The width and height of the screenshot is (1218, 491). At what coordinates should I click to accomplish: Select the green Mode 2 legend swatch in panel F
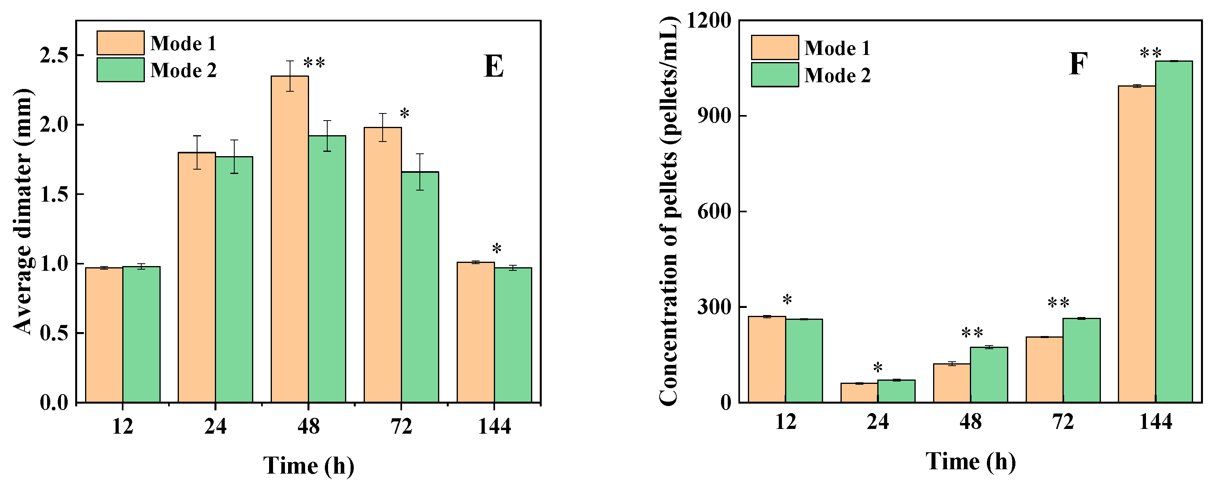774,75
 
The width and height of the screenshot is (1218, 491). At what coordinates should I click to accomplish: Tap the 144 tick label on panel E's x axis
494,427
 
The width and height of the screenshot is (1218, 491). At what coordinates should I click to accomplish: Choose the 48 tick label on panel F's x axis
970,422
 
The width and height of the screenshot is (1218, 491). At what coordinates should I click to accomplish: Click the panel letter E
493,67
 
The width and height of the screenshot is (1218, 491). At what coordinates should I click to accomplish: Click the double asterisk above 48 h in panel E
314,63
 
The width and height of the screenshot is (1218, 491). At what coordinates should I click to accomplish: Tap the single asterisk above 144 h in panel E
497,249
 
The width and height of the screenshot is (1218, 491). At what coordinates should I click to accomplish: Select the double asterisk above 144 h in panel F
1150,53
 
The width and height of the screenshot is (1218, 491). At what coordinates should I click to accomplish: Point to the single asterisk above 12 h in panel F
787,300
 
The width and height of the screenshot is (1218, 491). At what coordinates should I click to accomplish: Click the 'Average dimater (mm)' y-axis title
23,211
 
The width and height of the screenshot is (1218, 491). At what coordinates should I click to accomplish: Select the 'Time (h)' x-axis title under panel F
970,461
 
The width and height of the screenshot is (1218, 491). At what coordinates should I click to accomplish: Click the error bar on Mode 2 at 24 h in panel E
234,157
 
